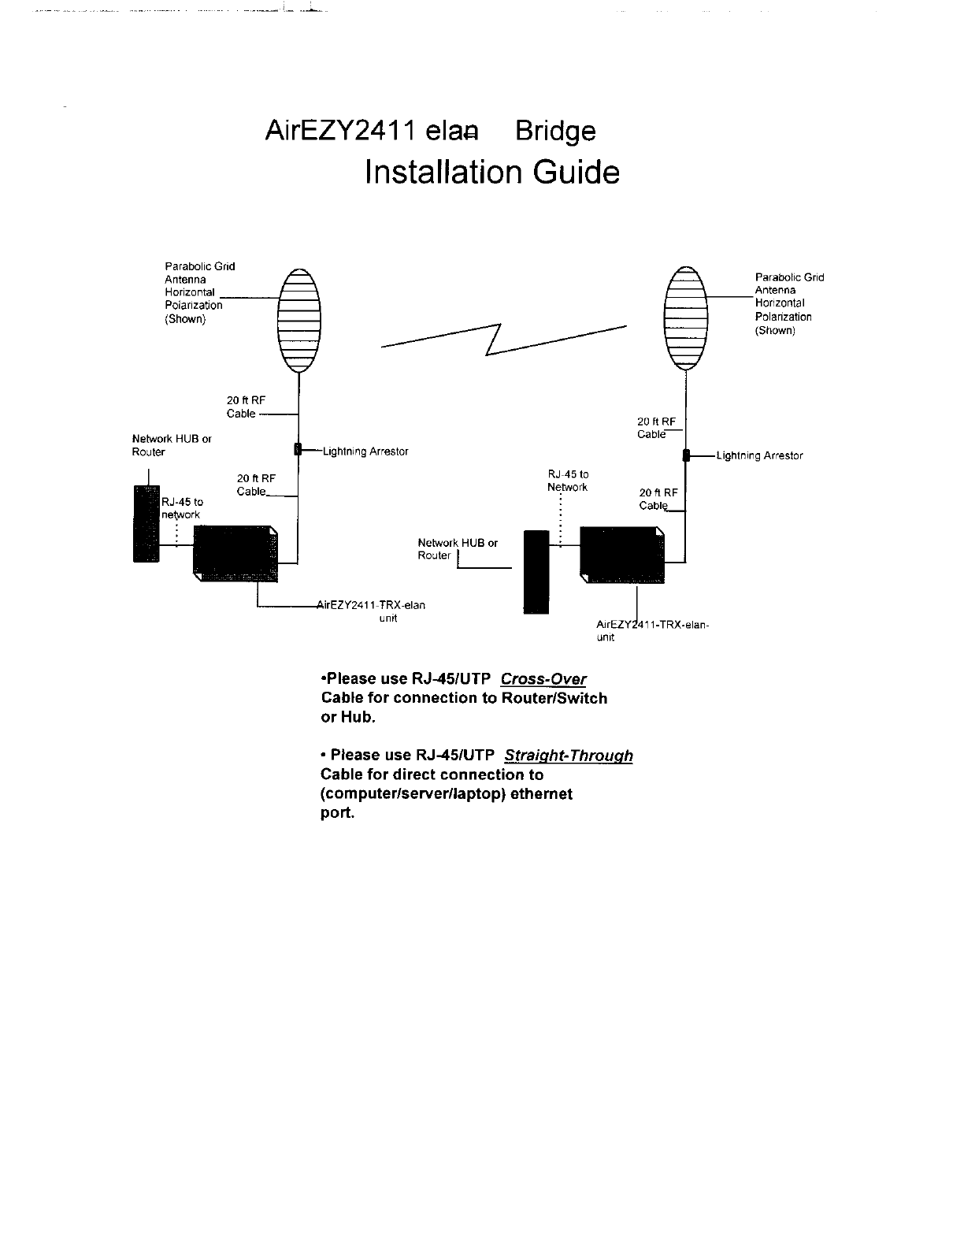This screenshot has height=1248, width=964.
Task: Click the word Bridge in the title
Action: [x=554, y=132]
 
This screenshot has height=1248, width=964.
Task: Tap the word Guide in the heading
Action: [x=576, y=173]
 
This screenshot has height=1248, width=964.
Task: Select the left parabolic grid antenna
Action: [x=298, y=320]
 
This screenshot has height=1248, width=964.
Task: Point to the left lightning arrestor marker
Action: [x=298, y=450]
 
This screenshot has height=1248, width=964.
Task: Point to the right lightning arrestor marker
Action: [x=686, y=455]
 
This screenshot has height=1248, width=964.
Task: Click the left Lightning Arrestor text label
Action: [x=365, y=451]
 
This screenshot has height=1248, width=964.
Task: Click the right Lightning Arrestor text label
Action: [x=759, y=456]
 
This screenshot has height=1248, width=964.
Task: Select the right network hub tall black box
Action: [x=536, y=571]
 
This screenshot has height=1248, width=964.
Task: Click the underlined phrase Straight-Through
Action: [x=568, y=756]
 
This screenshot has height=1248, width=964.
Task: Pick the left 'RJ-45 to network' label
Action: [x=181, y=508]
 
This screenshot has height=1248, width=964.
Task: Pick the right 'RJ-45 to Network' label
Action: [x=568, y=481]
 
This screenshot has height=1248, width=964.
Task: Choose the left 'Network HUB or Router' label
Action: [x=171, y=445]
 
